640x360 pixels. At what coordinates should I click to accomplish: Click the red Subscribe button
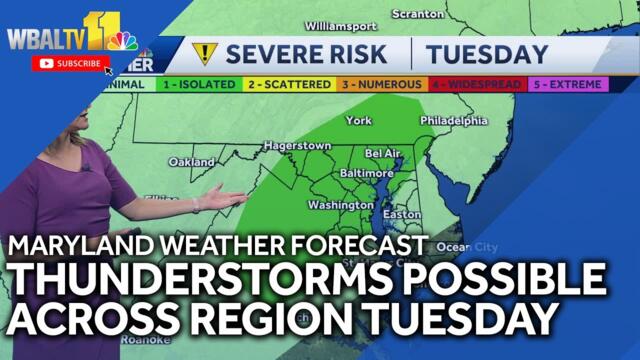pos(70,63)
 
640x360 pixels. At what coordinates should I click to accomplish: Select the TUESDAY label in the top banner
pos(487,53)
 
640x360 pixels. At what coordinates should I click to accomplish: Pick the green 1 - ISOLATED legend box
pos(199,85)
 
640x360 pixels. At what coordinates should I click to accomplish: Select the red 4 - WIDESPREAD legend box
pos(475,85)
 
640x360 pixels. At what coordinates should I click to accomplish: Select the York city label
pos(357,121)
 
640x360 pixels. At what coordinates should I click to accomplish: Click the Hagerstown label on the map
pos(297,146)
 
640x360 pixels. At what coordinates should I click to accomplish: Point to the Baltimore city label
pos(368,173)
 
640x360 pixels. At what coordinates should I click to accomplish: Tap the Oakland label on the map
pos(191,162)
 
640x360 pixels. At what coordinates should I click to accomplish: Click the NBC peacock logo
pos(123,42)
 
